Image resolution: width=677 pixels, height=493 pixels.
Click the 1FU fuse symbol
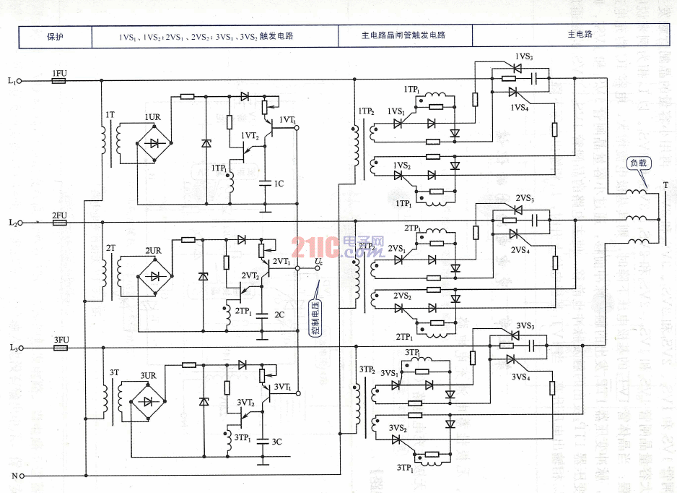[59, 81]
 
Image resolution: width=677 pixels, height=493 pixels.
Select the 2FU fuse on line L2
[59, 223]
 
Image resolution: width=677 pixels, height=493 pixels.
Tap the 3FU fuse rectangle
[61, 348]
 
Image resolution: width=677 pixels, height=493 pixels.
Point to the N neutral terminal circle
[22, 476]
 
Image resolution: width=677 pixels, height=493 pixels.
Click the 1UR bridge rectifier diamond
[153, 142]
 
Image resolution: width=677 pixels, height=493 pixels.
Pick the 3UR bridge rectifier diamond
[149, 401]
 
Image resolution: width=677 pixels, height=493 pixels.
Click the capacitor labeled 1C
[266, 182]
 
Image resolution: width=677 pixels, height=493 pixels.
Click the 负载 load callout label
[639, 163]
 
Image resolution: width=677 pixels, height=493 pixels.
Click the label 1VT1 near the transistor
[287, 120]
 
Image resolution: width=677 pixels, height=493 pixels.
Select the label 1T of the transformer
[109, 115]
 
